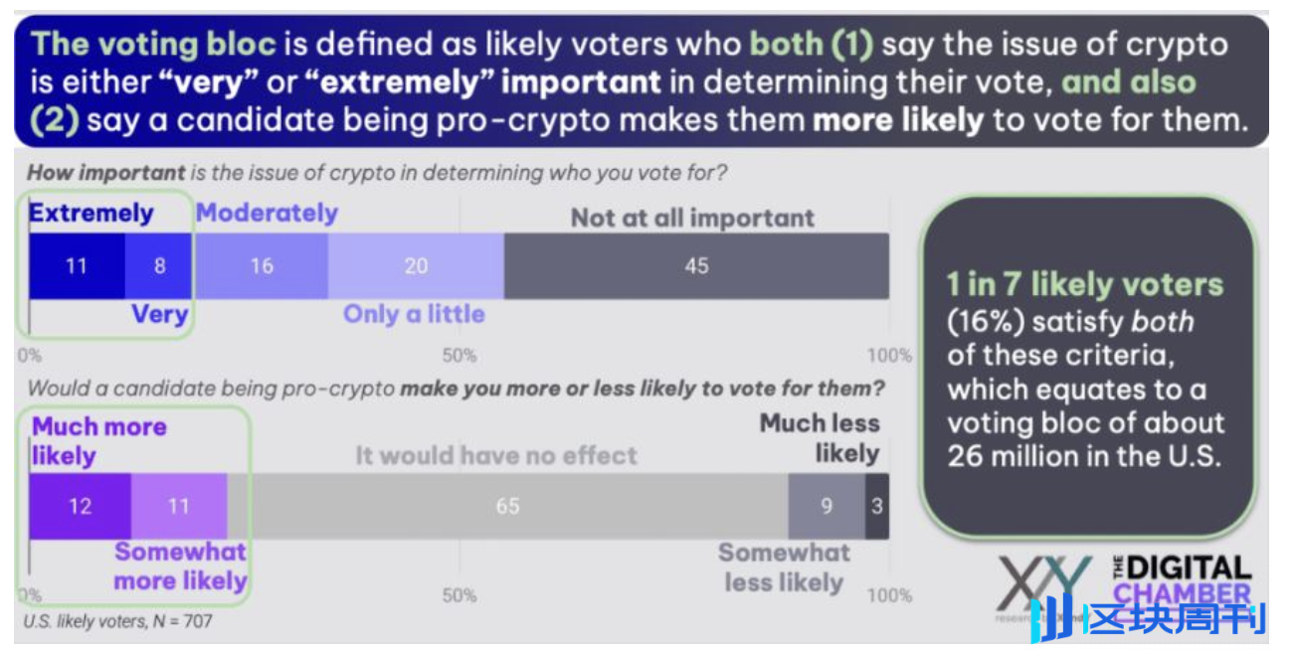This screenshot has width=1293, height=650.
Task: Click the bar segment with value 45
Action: pyautogui.click(x=696, y=266)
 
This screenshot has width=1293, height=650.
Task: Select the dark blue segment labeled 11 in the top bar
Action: pyautogui.click(x=77, y=266)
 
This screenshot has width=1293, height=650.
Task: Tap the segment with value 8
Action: pyautogui.click(x=159, y=266)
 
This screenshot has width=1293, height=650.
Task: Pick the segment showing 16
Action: pyautogui.click(x=261, y=266)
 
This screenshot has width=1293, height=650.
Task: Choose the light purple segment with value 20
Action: pyautogui.click(x=416, y=266)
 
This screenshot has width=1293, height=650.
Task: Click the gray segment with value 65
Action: pyautogui.click(x=507, y=506)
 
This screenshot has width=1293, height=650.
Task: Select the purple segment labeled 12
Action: pyautogui.click(x=80, y=506)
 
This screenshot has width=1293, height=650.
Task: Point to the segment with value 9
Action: pyautogui.click(x=826, y=506)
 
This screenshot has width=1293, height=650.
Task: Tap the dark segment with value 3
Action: pyautogui.click(x=876, y=506)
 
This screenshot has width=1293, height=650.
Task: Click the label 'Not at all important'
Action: pyautogui.click(x=692, y=219)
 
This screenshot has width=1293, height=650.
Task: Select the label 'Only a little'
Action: pyautogui.click(x=414, y=314)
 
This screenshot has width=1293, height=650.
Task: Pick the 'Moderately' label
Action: pyautogui.click(x=267, y=213)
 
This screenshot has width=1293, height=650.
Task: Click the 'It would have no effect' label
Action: pyautogui.click(x=496, y=456)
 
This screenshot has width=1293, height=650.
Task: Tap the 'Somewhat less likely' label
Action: pyautogui.click(x=784, y=568)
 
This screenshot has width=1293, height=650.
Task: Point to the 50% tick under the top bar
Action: pyautogui.click(x=459, y=356)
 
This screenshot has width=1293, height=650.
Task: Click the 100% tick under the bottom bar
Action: pyautogui.click(x=889, y=595)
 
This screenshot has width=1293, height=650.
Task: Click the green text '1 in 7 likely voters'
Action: pyautogui.click(x=1084, y=285)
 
